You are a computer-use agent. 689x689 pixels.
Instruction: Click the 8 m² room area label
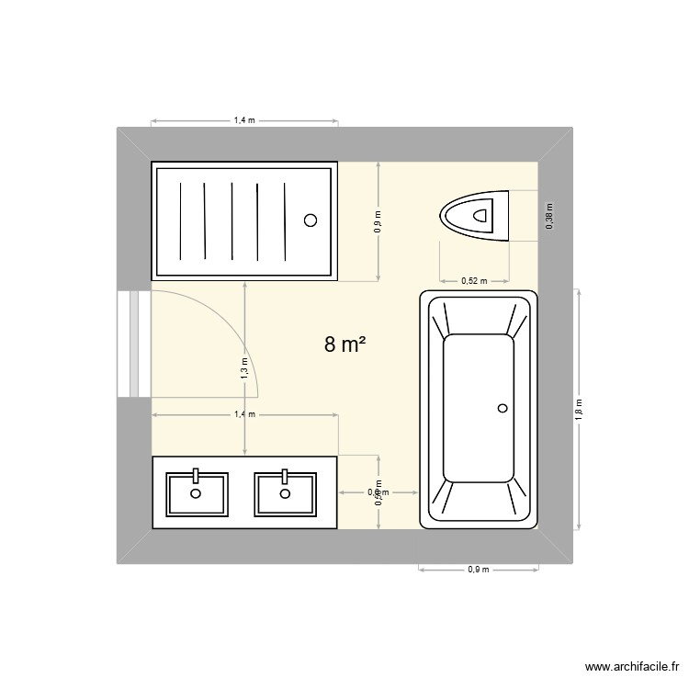345,345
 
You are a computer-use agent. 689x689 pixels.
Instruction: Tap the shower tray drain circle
311,220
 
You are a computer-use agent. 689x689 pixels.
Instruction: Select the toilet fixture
475,216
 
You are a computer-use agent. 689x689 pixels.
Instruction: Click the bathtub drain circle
502,408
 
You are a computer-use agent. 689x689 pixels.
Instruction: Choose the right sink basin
285,493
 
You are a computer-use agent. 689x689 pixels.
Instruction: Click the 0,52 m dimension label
474,281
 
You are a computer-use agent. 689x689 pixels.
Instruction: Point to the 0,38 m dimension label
549,216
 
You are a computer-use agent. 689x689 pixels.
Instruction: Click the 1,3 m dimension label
244,368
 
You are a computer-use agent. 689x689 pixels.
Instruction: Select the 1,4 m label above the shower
244,120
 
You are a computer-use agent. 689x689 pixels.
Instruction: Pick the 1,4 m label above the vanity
244,414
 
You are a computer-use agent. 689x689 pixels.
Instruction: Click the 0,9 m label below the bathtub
478,570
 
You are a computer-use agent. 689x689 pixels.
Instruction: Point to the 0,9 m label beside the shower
378,221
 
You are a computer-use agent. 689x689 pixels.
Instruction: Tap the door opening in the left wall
133,344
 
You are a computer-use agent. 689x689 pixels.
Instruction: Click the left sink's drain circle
195,493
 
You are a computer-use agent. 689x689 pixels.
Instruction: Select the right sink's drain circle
285,493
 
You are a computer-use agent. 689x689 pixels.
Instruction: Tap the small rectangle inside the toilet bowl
480,216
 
